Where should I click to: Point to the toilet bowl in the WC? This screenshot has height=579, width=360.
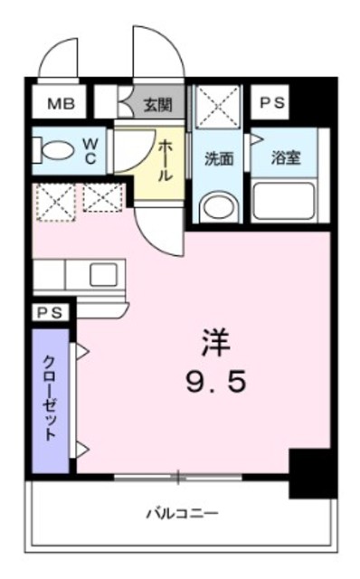pyautogui.click(x=57, y=150)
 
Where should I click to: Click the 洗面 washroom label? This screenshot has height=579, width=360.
pyautogui.click(x=218, y=157)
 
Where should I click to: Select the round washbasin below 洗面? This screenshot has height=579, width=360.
pyautogui.click(x=217, y=205)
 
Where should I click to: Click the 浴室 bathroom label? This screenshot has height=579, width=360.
pyautogui.click(x=285, y=157)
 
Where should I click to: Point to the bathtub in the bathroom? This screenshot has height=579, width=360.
pyautogui.click(x=283, y=200)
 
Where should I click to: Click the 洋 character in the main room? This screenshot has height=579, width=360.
pyautogui.click(x=215, y=343)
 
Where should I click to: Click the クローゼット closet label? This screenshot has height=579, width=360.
pyautogui.click(x=51, y=399)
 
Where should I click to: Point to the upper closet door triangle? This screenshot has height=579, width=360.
pyautogui.click(x=81, y=351)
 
